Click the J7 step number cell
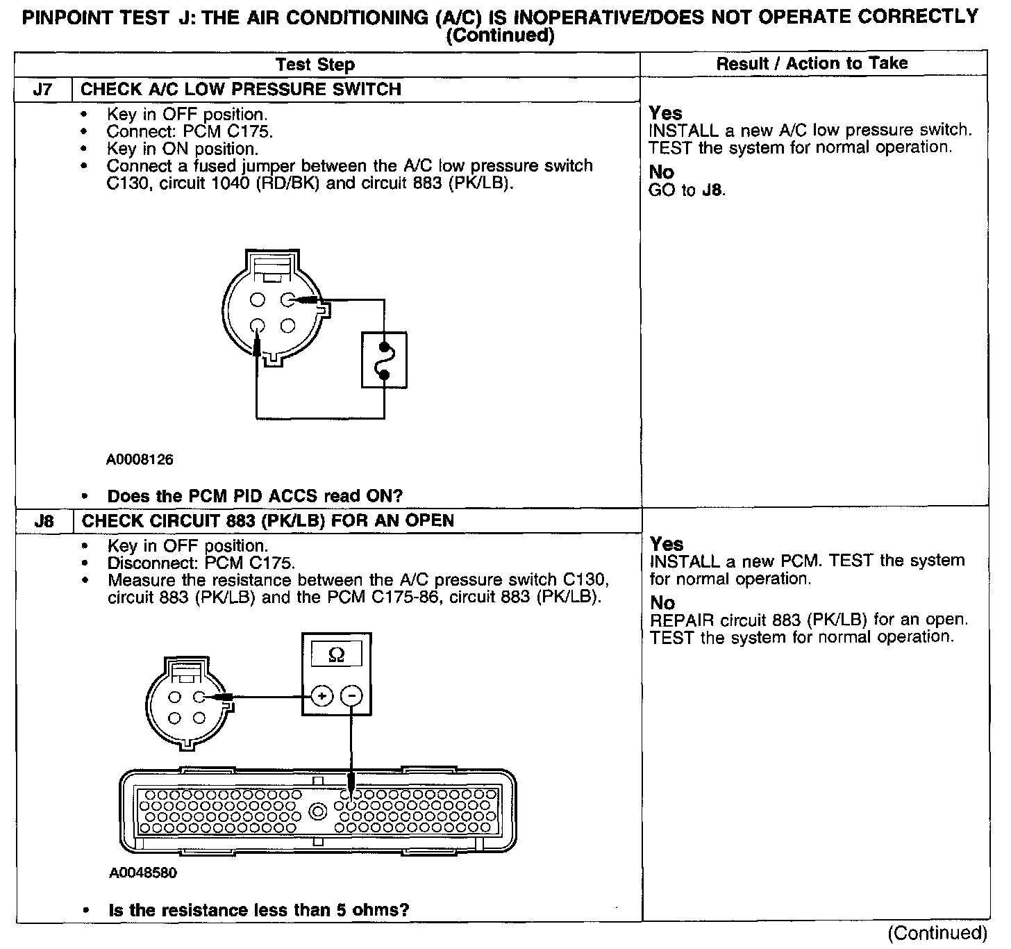click(x=43, y=90)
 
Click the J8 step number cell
click(x=44, y=521)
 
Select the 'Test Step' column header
click(x=315, y=65)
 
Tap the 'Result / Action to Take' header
click(x=812, y=63)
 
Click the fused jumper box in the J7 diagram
click(x=384, y=360)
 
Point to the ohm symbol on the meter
click(x=336, y=655)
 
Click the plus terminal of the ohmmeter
click(x=321, y=695)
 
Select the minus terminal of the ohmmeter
click(x=352, y=695)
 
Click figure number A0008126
click(x=140, y=459)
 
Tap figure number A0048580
click(x=142, y=873)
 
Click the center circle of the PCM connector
click(x=318, y=811)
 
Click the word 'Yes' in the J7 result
click(x=665, y=113)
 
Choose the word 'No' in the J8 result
click(x=662, y=602)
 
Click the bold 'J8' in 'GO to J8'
click(x=713, y=190)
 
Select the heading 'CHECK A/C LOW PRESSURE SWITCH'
click(x=241, y=90)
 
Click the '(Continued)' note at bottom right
click(x=937, y=932)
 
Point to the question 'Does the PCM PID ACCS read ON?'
click(x=255, y=496)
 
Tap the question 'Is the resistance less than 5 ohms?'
click(x=259, y=909)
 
